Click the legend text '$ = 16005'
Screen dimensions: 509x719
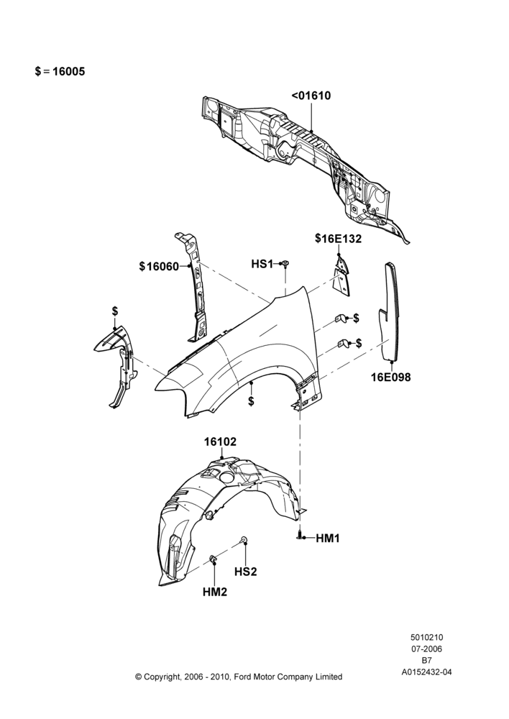(x=60, y=71)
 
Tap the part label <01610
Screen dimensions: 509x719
(x=311, y=96)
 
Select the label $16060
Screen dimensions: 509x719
(x=159, y=267)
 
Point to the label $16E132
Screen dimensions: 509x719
(x=338, y=239)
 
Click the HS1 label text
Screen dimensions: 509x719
(x=262, y=264)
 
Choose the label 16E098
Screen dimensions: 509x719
(x=390, y=377)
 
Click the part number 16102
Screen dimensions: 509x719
(x=220, y=441)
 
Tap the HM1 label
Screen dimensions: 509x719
(x=327, y=539)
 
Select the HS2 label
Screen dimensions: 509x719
(x=246, y=572)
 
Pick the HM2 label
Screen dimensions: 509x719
(x=215, y=592)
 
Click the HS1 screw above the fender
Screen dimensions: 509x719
(x=285, y=264)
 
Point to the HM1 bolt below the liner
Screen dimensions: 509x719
(x=300, y=536)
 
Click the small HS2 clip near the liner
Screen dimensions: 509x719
(x=244, y=539)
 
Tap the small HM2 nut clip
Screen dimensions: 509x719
(x=214, y=559)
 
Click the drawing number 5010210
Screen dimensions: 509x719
(x=426, y=637)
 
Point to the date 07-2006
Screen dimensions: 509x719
(x=426, y=649)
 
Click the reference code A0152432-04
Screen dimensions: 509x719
(x=426, y=672)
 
